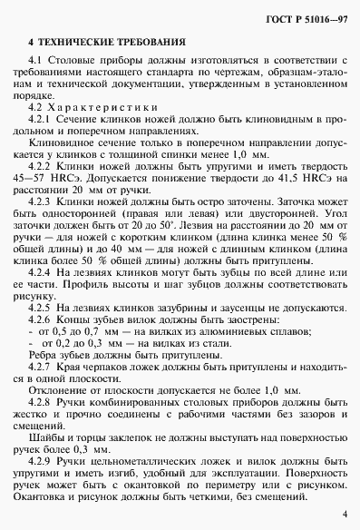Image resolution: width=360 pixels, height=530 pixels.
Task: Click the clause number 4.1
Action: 35,60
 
